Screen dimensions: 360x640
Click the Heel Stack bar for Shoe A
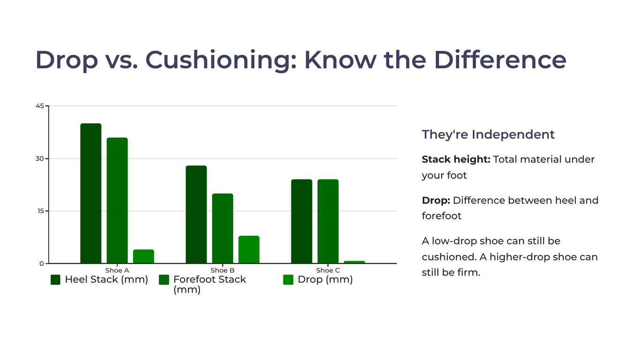point(90,193)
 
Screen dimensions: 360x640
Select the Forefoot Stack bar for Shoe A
point(117,200)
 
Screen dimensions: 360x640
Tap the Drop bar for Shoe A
point(143,256)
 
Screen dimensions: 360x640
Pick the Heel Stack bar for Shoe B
point(196,214)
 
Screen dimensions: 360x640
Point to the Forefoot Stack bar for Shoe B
point(223,228)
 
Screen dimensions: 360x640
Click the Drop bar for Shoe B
point(249,249)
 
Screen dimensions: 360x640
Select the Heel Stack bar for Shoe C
point(301,221)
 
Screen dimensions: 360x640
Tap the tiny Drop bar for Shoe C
point(354,262)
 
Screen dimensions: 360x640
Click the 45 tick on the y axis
point(40,106)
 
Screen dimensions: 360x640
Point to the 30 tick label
point(40,158)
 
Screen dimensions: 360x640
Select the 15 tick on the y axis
point(40,211)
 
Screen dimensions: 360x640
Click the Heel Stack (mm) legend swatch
point(56,280)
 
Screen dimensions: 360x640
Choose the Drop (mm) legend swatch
point(288,280)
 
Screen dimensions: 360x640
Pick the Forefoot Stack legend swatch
point(164,280)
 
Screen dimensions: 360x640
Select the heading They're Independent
point(488,135)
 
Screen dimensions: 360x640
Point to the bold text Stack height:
point(456,159)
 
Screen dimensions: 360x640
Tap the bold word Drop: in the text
point(436,201)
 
